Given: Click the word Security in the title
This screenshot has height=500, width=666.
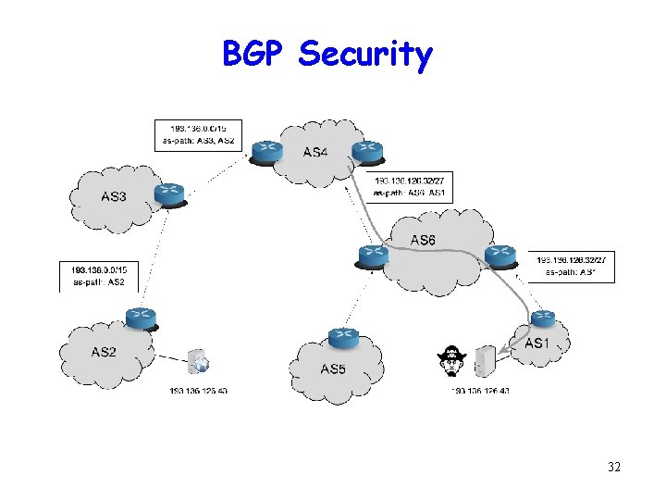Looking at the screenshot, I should [365, 56].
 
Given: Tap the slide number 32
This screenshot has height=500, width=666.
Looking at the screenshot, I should [613, 467].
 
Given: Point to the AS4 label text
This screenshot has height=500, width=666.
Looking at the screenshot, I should [314, 152].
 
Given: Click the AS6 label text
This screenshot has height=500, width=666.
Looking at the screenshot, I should [423, 241].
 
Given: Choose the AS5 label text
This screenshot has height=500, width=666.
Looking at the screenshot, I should [332, 369].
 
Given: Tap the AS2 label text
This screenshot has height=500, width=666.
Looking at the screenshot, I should [104, 352].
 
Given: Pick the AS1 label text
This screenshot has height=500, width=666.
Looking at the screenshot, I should [536, 344].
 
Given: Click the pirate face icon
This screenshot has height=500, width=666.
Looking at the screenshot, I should [450, 361].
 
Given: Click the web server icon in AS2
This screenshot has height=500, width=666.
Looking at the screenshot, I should [197, 362].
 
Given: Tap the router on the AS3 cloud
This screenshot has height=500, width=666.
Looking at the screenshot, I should [169, 193].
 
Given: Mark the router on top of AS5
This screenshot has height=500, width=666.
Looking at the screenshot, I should [343, 338].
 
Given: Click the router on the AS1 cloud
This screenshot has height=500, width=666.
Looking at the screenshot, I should [542, 319].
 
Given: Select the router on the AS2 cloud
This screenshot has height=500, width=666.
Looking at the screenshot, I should [142, 319].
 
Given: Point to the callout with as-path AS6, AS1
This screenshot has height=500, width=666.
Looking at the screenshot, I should [410, 187].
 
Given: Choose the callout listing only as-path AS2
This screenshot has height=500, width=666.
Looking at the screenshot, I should [99, 275].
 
